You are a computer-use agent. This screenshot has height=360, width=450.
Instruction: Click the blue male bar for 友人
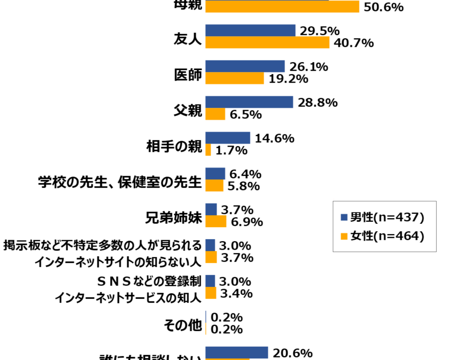point(250,31)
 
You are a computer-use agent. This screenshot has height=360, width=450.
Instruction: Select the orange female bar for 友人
point(267,43)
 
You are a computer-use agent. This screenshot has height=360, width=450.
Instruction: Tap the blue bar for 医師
point(245,67)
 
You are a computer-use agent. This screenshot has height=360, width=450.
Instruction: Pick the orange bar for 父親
point(215,114)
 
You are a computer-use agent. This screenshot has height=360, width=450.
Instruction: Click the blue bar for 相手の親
point(227,138)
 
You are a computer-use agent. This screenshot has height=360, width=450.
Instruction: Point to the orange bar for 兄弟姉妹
point(216,221)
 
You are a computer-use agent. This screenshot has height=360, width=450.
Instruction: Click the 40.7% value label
point(354,43)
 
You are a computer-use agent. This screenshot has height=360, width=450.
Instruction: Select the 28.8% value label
point(318,102)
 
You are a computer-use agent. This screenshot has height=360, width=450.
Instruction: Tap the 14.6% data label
point(274,138)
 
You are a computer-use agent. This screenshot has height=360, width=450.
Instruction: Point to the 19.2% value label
point(289,79)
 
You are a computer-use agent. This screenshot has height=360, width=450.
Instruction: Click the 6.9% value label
point(246,222)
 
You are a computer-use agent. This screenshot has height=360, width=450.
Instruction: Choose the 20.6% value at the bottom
point(293,353)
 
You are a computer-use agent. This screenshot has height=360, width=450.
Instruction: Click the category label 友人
point(188,39)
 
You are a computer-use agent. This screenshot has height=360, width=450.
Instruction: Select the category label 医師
point(188,75)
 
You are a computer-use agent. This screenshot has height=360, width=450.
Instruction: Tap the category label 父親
point(188,110)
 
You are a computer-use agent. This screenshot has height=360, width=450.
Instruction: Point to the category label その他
point(182,325)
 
